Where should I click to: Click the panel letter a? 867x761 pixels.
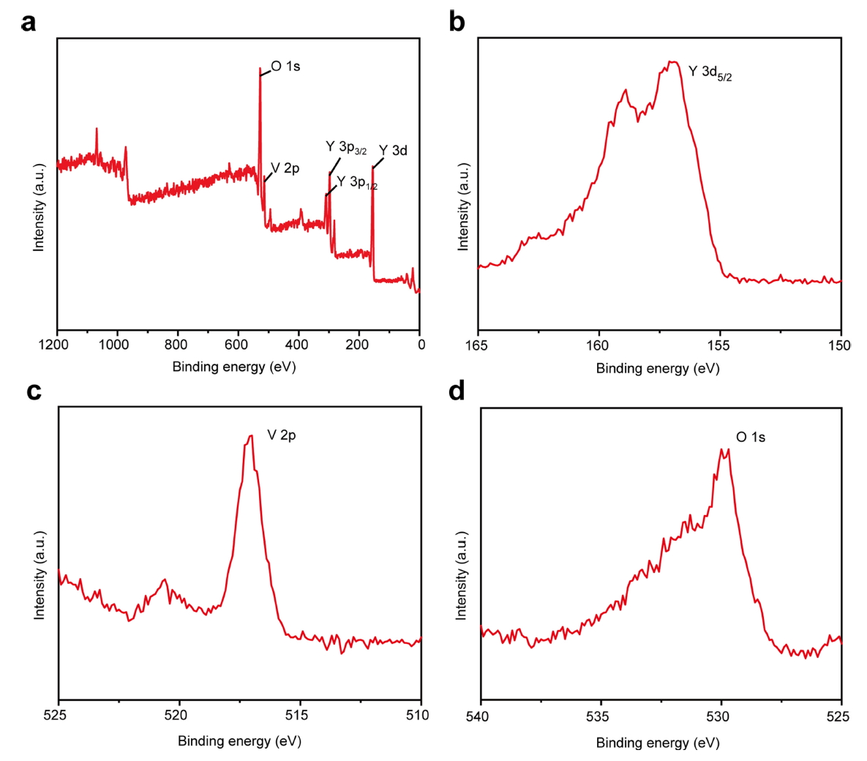[29, 23]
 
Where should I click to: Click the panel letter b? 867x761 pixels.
[457, 23]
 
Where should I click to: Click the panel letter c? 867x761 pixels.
[34, 391]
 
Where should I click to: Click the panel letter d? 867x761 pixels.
[457, 391]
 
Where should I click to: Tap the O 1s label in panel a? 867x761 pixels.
[285, 67]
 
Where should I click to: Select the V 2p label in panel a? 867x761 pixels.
[285, 169]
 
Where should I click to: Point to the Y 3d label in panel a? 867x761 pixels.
[393, 151]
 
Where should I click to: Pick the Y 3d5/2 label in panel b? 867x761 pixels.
[710, 72]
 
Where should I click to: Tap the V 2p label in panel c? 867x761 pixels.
[282, 435]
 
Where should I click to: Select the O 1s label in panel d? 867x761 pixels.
[751, 438]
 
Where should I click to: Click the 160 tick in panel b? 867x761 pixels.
[598, 345]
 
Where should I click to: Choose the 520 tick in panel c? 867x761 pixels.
[179, 715]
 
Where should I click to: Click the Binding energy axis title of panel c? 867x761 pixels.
[239, 741]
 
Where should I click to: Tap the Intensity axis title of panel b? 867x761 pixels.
[463, 206]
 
